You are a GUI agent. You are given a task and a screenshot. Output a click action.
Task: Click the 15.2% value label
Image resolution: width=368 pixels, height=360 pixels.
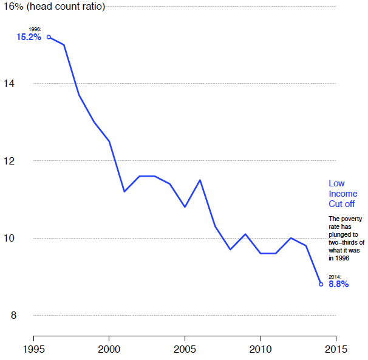[x=29, y=37]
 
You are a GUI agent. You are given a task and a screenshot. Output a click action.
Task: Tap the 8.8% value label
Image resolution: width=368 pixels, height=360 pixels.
[x=338, y=284]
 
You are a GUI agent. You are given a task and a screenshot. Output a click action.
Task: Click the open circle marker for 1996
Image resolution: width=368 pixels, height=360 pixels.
[x=49, y=37]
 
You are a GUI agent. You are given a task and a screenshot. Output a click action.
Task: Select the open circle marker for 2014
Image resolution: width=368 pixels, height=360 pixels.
[x=321, y=284]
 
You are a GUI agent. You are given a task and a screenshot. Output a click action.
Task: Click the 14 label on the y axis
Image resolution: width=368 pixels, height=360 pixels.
[x=9, y=83]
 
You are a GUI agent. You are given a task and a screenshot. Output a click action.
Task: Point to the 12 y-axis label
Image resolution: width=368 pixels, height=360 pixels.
[x=9, y=161]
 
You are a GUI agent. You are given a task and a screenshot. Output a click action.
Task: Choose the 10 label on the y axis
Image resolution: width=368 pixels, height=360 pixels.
[x=9, y=238]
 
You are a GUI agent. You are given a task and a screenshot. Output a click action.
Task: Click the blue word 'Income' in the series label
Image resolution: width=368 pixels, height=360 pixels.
[x=343, y=194]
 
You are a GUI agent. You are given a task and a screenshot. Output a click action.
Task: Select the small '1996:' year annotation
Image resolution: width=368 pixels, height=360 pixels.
[x=35, y=29]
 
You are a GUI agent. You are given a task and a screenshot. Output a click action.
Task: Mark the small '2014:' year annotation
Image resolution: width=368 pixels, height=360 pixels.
[x=335, y=276]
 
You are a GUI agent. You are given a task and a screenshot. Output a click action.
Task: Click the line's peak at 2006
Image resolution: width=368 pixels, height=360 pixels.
[x=200, y=180]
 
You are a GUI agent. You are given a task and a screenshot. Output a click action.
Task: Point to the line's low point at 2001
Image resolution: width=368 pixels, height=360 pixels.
[x=124, y=192]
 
